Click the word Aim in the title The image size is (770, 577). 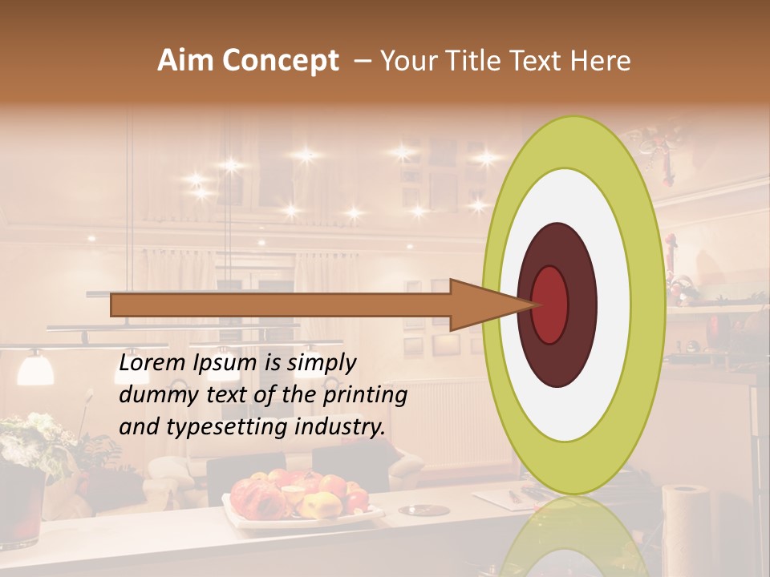tap(186, 61)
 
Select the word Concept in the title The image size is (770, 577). tap(280, 61)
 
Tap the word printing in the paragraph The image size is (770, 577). tap(366, 395)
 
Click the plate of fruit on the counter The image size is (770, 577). tap(301, 497)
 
